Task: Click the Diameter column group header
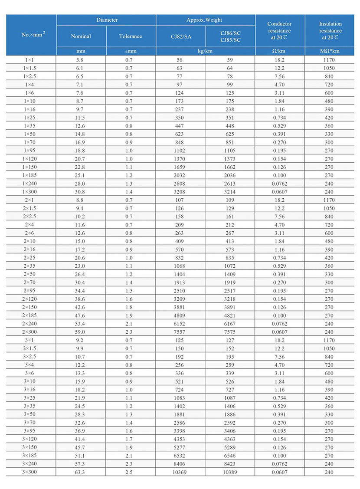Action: click(106, 20)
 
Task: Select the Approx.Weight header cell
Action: click(205, 20)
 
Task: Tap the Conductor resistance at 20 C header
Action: click(279, 30)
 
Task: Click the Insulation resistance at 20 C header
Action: click(331, 30)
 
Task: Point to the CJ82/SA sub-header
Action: click(180, 36)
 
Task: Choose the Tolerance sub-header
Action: click(131, 36)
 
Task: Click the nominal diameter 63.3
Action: click(81, 472)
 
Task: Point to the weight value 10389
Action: click(230, 472)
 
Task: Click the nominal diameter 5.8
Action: click(81, 60)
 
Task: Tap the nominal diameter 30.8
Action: click(81, 192)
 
